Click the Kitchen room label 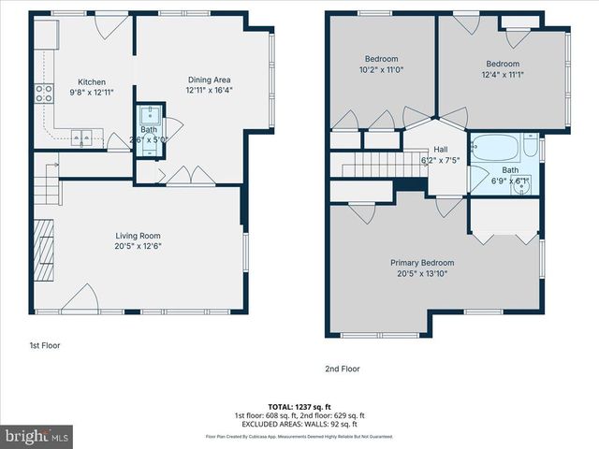91,82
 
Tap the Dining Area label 209,80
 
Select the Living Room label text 138,236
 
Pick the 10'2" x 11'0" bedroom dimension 381,70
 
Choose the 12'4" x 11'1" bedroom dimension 503,75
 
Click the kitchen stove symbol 44,93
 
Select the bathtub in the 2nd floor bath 496,148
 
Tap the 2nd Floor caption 342,369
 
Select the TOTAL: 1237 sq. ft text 299,406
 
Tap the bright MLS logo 37,436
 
